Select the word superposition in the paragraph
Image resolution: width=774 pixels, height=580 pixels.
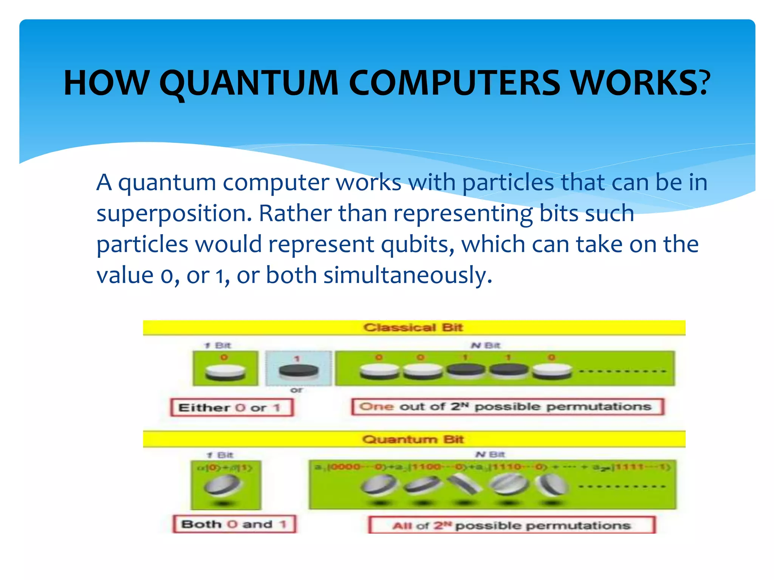click(174, 214)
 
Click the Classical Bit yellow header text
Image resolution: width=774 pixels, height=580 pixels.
click(413, 327)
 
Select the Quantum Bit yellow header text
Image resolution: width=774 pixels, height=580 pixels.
click(413, 439)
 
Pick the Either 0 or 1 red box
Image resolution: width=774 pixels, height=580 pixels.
click(231, 408)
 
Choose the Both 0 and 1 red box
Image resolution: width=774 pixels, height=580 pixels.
click(234, 524)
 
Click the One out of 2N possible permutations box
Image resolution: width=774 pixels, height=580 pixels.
click(507, 407)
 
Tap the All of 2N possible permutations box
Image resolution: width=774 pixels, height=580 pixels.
click(512, 525)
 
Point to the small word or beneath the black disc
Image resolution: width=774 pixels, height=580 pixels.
click(297, 390)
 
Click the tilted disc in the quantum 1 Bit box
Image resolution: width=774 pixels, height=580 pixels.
click(222, 485)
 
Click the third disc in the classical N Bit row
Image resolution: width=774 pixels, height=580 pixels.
click(466, 370)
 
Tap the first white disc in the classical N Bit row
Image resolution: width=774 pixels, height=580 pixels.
click(379, 371)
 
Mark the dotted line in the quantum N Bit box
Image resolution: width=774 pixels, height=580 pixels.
click(622, 486)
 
